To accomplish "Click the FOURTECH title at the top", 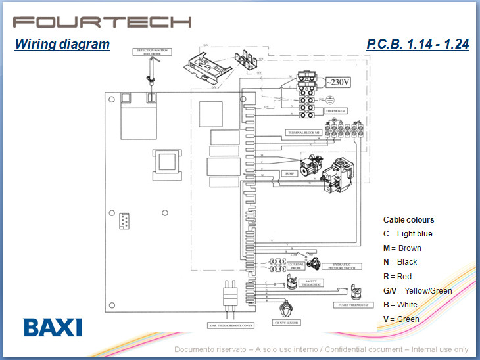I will click(102, 21).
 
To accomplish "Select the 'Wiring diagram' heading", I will click(62, 45).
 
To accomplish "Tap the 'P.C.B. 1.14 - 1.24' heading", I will click(417, 45).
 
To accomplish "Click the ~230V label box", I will click(339, 82).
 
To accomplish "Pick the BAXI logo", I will click(53, 327).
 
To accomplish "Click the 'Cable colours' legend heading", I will click(408, 220).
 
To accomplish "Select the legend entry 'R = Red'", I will click(397, 277).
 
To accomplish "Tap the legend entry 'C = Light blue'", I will click(408, 234).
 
